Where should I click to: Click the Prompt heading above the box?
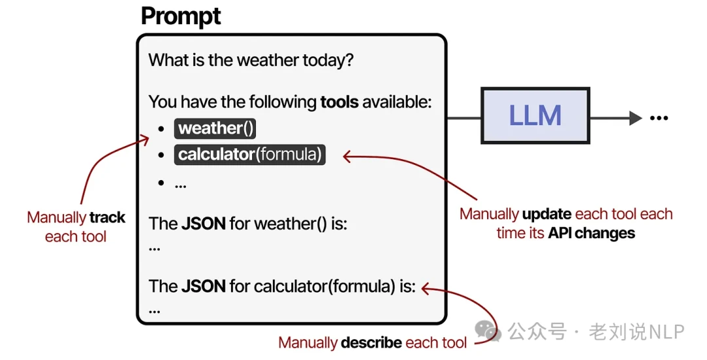(x=181, y=16)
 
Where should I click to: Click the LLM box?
(x=535, y=116)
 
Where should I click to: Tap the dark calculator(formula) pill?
(x=249, y=155)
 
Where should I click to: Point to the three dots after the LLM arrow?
(x=659, y=118)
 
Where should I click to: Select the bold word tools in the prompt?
(x=339, y=102)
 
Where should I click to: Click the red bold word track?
(x=107, y=218)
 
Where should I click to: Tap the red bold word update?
(x=547, y=215)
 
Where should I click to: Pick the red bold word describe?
(x=371, y=342)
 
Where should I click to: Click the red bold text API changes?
(x=591, y=234)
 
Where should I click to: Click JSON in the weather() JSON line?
(x=203, y=224)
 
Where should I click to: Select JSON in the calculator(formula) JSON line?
(x=203, y=287)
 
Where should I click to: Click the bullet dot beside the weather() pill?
(x=161, y=129)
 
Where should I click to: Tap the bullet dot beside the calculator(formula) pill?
(x=161, y=156)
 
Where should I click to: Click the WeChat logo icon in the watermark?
(x=488, y=331)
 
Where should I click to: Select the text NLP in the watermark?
(x=666, y=332)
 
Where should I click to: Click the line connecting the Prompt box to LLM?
(x=463, y=118)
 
